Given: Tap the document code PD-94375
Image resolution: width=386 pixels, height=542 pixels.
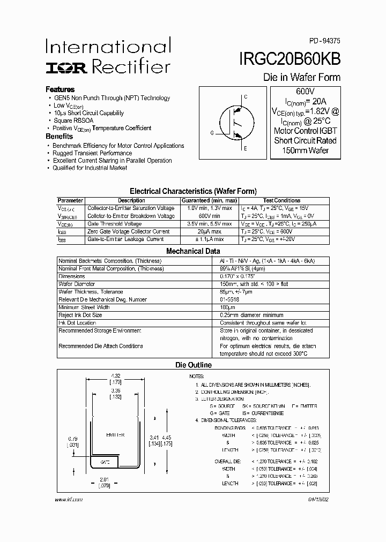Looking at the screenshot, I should [323, 41].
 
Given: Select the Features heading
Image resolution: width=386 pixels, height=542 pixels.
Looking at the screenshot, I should [60, 89].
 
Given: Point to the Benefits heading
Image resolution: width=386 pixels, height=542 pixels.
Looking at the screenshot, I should [59, 137].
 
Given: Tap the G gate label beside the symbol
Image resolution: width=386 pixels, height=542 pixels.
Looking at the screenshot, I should [212, 132].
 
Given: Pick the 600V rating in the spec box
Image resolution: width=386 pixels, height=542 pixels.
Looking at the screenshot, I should [305, 91].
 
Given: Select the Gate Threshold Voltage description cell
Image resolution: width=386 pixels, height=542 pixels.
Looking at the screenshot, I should [114, 224].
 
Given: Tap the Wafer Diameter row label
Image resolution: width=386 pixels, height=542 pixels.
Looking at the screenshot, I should [77, 284].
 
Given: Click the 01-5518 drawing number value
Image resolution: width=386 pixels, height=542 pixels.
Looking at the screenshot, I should [229, 299].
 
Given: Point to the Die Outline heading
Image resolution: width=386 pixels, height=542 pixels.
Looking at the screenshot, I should [194, 365].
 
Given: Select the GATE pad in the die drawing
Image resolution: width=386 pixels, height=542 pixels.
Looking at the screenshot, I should [106, 462].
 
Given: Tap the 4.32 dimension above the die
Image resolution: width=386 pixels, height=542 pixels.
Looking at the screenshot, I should [115, 376].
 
